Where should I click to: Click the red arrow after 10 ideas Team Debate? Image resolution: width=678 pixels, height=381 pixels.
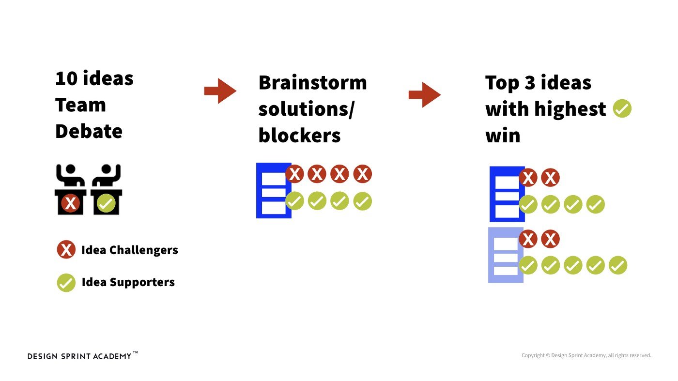pyautogui.click(x=220, y=91)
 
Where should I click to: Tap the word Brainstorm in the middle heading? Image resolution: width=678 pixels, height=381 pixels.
pyautogui.click(x=312, y=83)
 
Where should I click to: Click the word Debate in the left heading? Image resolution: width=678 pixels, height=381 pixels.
pyautogui.click(x=89, y=131)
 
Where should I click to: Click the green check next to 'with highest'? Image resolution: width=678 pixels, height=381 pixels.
pyautogui.click(x=622, y=109)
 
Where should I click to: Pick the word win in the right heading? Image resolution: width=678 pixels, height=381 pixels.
pyautogui.click(x=503, y=136)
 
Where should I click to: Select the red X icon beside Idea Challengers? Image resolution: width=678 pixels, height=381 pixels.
pyautogui.click(x=66, y=250)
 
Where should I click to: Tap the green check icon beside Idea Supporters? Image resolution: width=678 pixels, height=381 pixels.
pyautogui.click(x=66, y=282)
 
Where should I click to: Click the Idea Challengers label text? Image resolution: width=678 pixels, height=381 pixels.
pyautogui.click(x=129, y=250)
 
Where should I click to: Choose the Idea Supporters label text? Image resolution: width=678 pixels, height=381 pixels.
pyautogui.click(x=128, y=282)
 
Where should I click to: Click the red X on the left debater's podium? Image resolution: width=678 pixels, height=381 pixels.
pyautogui.click(x=70, y=203)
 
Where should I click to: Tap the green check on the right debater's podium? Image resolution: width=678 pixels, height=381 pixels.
pyautogui.click(x=106, y=203)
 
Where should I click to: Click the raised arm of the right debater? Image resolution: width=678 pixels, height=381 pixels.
pyautogui.click(x=116, y=172)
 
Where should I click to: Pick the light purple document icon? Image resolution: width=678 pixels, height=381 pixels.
pyautogui.click(x=506, y=255)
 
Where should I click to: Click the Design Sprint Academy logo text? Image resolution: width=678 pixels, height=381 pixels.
pyautogui.click(x=79, y=356)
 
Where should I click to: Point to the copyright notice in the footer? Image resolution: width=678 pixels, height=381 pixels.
pyautogui.click(x=586, y=355)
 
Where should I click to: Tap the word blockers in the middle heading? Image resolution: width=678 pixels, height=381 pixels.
pyautogui.click(x=299, y=136)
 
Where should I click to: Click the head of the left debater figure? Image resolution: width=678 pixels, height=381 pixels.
pyautogui.click(x=71, y=170)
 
